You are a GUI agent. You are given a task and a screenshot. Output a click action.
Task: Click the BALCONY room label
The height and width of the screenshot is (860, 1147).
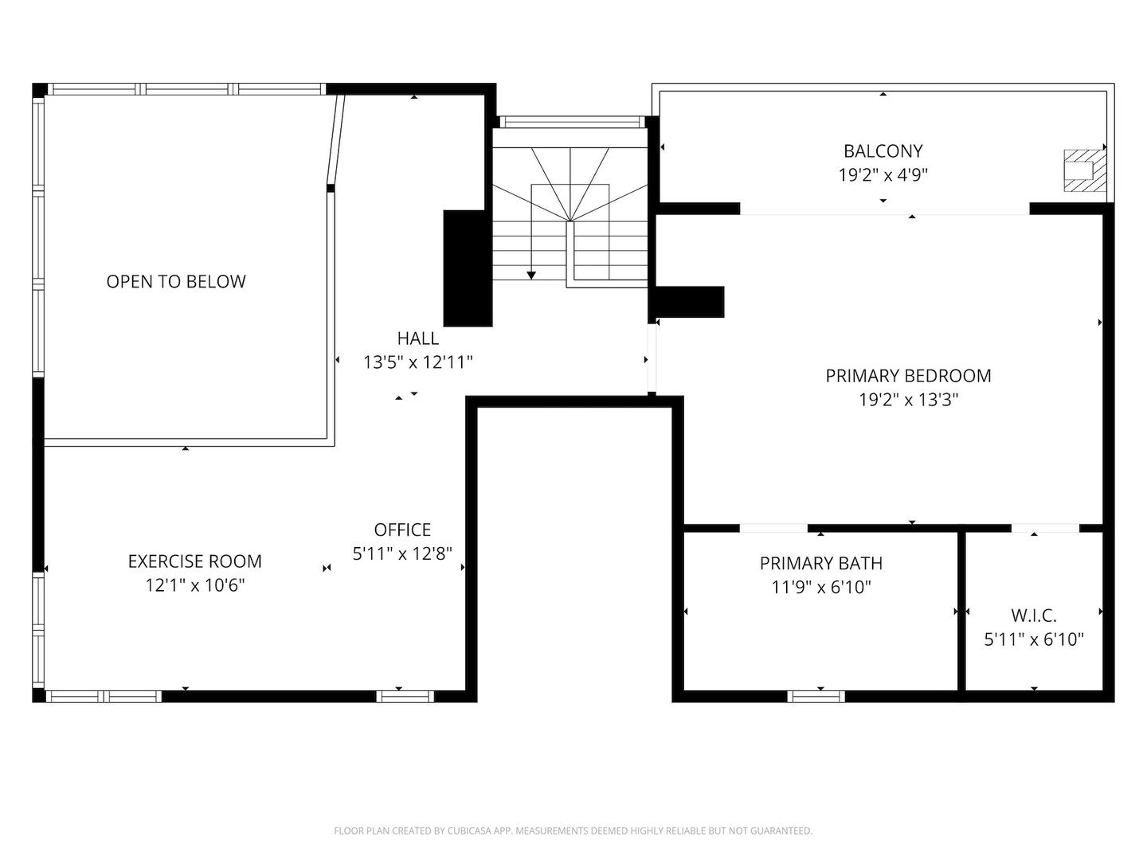(x=883, y=150)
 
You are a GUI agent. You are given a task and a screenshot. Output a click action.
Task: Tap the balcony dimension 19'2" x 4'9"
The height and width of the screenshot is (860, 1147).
(x=883, y=174)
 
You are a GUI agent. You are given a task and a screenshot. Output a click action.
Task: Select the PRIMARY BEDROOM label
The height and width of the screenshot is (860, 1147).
(x=908, y=376)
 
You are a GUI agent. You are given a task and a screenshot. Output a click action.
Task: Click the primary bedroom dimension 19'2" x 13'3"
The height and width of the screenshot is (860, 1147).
(x=908, y=400)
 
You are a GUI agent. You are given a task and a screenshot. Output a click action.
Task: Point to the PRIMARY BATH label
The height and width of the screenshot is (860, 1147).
(x=820, y=564)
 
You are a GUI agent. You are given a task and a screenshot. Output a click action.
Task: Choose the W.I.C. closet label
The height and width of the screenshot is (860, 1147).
(x=1034, y=616)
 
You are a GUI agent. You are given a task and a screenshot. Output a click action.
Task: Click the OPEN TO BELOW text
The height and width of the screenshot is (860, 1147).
(x=176, y=281)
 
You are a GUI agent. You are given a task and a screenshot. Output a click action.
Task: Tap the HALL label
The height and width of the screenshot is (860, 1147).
(x=418, y=338)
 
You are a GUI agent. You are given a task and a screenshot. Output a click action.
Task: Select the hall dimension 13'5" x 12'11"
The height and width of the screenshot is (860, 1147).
(x=418, y=362)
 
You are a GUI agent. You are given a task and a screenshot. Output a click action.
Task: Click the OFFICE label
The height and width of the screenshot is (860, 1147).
(x=402, y=530)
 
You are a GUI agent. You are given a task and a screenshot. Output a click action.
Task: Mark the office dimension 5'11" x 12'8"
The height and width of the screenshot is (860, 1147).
(x=402, y=553)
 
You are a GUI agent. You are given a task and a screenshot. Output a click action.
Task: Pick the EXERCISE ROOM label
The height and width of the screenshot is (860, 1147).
(x=194, y=561)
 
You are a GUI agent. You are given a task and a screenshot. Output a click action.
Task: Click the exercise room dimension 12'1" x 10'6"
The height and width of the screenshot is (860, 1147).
(x=194, y=585)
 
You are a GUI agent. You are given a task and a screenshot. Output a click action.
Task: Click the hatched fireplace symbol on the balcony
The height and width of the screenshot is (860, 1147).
(x=1085, y=170)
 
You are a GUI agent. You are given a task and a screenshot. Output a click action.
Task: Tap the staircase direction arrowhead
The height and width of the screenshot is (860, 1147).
(x=531, y=276)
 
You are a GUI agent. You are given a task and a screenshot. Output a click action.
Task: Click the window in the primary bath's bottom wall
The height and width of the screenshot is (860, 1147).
(x=816, y=697)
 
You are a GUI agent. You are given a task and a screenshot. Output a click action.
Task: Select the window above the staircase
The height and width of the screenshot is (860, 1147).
(x=570, y=122)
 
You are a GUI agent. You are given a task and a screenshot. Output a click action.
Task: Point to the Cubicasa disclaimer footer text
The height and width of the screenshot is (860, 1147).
(x=573, y=831)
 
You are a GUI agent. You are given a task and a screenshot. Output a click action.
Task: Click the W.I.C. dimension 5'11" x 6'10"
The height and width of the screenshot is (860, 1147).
(x=1034, y=639)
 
